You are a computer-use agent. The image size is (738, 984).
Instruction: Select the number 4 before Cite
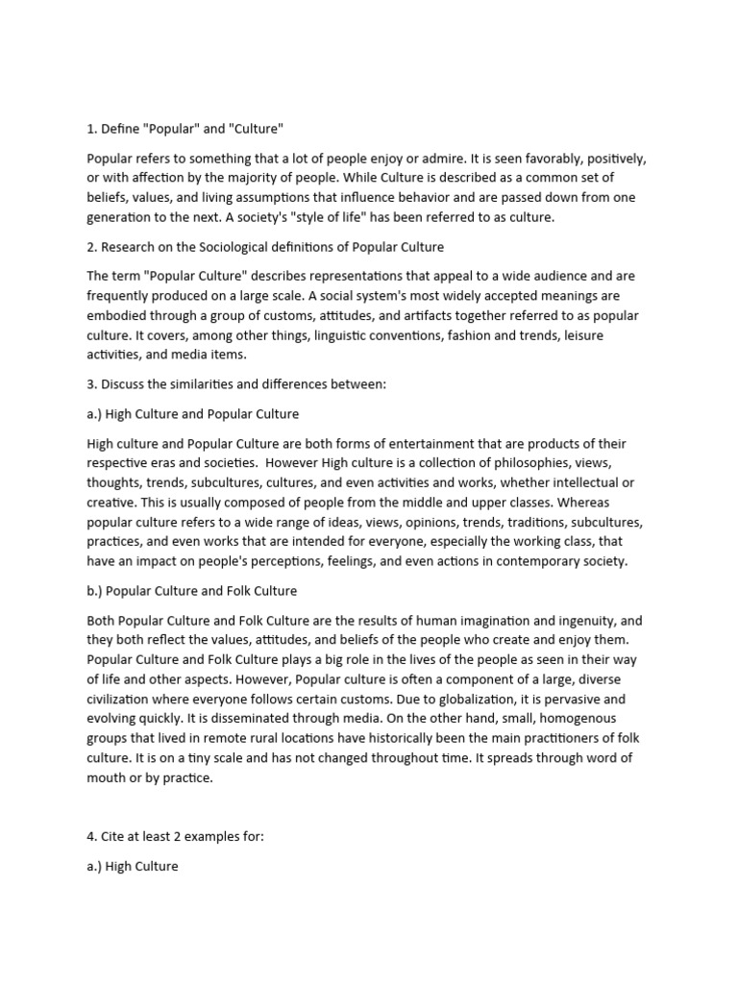[x=90, y=836]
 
